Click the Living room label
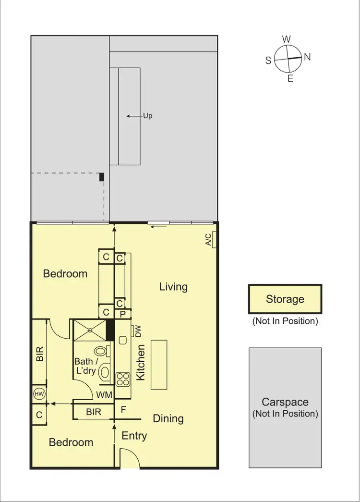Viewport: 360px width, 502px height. pyautogui.click(x=173, y=287)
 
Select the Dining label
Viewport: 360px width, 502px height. pyautogui.click(x=168, y=418)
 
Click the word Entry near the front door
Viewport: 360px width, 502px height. pyautogui.click(x=134, y=436)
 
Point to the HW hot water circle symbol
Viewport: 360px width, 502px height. pyautogui.click(x=39, y=394)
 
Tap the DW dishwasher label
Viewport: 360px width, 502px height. pyautogui.click(x=138, y=331)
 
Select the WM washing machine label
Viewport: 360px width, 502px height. pyautogui.click(x=104, y=395)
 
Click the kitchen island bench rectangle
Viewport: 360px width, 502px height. pyautogui.click(x=159, y=364)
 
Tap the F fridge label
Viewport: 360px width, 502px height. pyautogui.click(x=123, y=411)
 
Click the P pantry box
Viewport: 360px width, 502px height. pyautogui.click(x=123, y=314)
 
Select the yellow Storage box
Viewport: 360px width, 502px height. pyautogui.click(x=285, y=299)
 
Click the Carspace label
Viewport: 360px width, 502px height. pyautogui.click(x=285, y=403)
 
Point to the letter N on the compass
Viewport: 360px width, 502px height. pyautogui.click(x=307, y=57)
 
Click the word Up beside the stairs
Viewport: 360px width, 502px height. pyautogui.click(x=148, y=116)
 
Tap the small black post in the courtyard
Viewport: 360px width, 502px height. pyautogui.click(x=101, y=177)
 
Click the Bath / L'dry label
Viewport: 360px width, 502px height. pyautogui.click(x=86, y=366)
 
